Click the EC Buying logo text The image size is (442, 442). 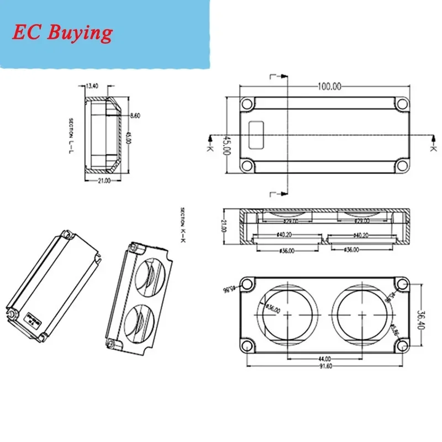click(x=62, y=33)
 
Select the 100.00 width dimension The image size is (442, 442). click(x=329, y=86)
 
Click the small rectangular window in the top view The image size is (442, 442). click(x=256, y=135)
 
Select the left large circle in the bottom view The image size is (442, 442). click(x=288, y=313)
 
